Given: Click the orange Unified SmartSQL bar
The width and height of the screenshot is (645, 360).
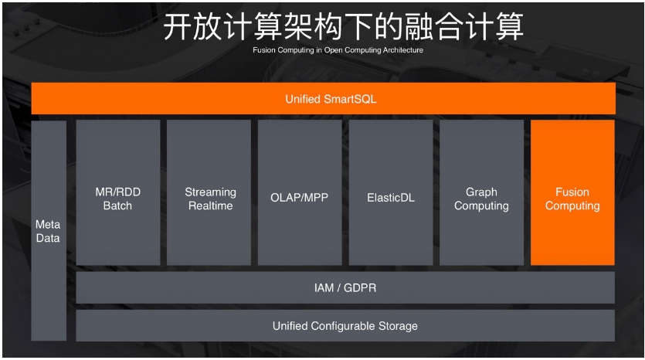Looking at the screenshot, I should (x=323, y=99).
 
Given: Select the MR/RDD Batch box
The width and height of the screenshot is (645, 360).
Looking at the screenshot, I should (x=117, y=192).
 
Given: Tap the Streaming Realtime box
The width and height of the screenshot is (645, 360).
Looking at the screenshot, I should (x=210, y=192).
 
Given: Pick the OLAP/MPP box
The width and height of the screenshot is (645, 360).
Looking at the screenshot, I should (x=299, y=192).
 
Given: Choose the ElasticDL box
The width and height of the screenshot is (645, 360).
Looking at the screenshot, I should (x=390, y=192).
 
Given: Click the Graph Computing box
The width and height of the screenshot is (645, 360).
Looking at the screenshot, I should (x=481, y=192).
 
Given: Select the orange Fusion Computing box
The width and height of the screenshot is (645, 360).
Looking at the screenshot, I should (x=572, y=192).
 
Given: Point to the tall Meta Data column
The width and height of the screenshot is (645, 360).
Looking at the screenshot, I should (x=48, y=230).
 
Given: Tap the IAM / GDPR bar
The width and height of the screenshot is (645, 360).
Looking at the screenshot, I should (x=345, y=287).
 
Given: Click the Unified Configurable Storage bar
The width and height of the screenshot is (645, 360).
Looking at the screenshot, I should (x=345, y=326).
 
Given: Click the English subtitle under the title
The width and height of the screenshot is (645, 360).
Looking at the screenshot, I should (x=338, y=50).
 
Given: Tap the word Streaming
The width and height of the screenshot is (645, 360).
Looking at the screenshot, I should (x=210, y=192).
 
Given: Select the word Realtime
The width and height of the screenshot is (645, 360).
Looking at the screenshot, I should (x=210, y=206).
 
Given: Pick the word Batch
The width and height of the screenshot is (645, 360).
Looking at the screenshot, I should (x=117, y=206).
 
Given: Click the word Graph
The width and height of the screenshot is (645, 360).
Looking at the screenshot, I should (x=481, y=192).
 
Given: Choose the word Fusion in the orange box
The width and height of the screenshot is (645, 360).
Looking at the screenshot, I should (x=572, y=192).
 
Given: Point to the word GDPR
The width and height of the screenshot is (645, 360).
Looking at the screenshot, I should (x=359, y=287).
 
